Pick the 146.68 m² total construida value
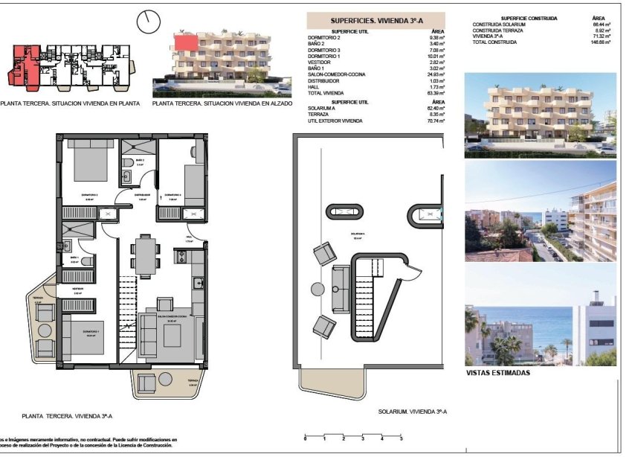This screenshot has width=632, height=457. [x=601, y=42]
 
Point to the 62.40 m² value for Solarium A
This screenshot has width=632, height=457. [x=435, y=108]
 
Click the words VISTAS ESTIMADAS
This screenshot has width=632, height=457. [x=497, y=373]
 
